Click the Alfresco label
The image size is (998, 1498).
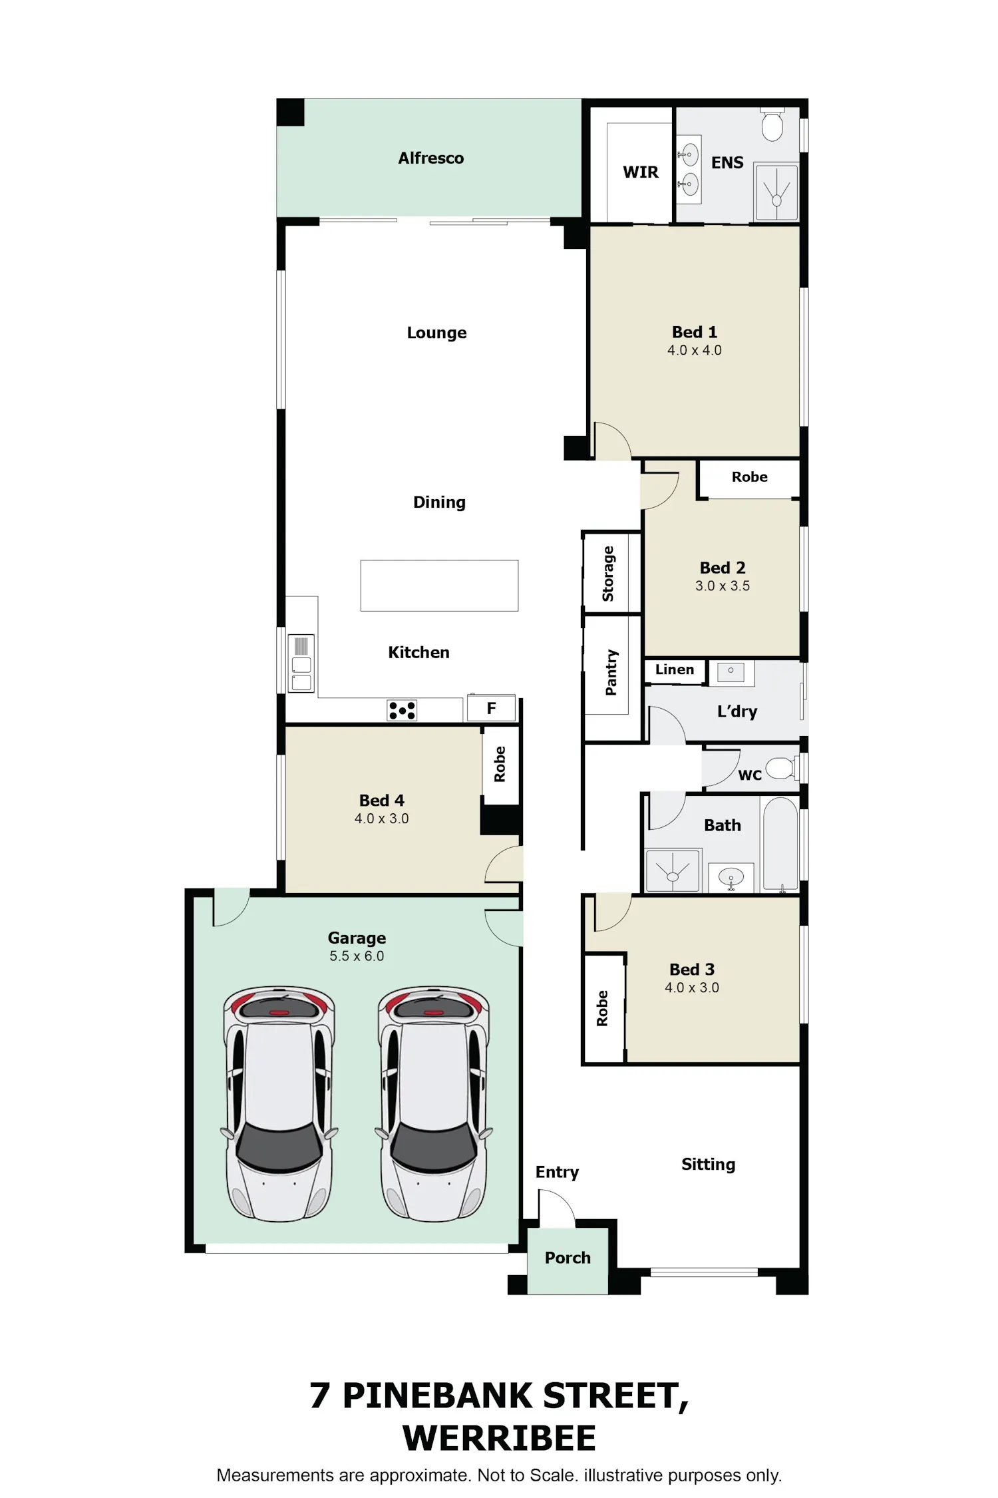(x=431, y=158)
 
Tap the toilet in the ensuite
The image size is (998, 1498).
(x=772, y=124)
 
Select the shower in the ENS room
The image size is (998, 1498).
(x=776, y=192)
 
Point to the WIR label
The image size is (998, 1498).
(x=640, y=172)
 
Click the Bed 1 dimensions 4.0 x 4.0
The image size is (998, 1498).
(x=695, y=350)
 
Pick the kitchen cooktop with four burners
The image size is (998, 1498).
(x=402, y=710)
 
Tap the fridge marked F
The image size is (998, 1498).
(x=491, y=708)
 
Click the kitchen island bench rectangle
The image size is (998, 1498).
(x=439, y=586)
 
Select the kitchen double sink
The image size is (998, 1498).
(x=301, y=663)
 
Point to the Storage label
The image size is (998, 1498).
(x=607, y=574)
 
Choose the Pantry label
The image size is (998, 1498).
(x=611, y=672)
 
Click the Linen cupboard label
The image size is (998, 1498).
(x=675, y=669)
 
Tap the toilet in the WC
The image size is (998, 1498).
(x=781, y=769)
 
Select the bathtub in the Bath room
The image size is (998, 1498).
(x=780, y=844)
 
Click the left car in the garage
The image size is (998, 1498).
(x=279, y=1104)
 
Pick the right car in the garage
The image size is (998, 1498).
(x=434, y=1104)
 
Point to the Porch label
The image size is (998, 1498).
(x=568, y=1258)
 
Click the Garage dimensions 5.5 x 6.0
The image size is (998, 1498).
(x=357, y=956)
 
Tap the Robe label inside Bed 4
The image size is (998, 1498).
(x=500, y=764)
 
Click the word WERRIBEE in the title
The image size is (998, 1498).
(x=499, y=1438)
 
